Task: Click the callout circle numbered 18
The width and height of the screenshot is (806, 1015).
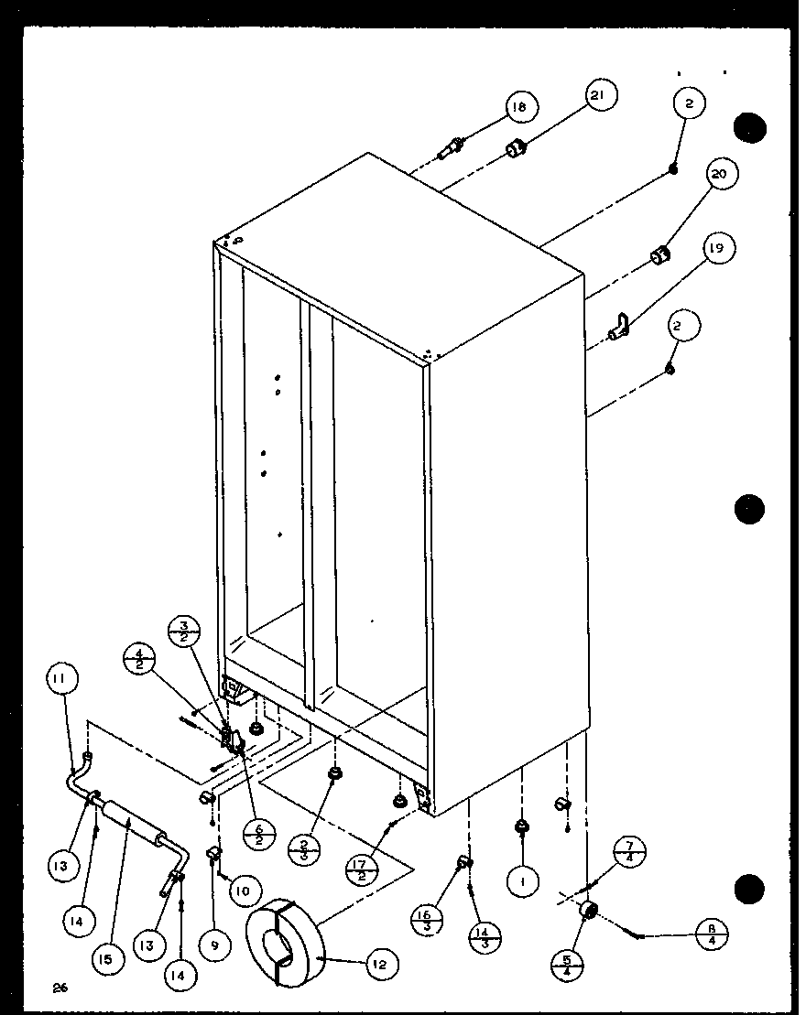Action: (x=519, y=107)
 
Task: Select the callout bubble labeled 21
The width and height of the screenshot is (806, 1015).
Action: (x=600, y=97)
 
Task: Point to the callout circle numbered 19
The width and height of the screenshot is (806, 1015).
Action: (x=719, y=248)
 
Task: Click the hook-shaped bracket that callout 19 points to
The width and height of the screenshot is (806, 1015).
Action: (x=620, y=324)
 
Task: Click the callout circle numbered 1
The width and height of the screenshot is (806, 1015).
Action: (x=523, y=883)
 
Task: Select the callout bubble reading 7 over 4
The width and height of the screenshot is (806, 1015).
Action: (x=629, y=853)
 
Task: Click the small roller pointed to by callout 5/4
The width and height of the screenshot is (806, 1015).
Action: (x=588, y=911)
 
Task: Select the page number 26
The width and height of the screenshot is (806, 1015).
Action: (x=60, y=988)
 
